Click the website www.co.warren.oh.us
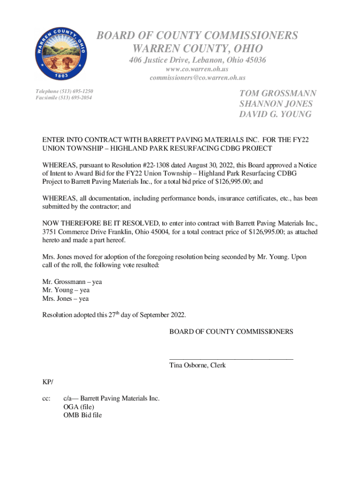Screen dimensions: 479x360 click(197, 69)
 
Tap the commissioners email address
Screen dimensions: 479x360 click(197, 78)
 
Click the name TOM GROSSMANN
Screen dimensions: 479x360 click(278, 94)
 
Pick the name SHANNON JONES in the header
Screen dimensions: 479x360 click(276, 104)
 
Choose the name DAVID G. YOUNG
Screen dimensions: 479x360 click(275, 114)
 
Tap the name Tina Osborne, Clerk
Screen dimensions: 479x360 click(197, 365)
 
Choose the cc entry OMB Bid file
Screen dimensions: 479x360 click(83, 415)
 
